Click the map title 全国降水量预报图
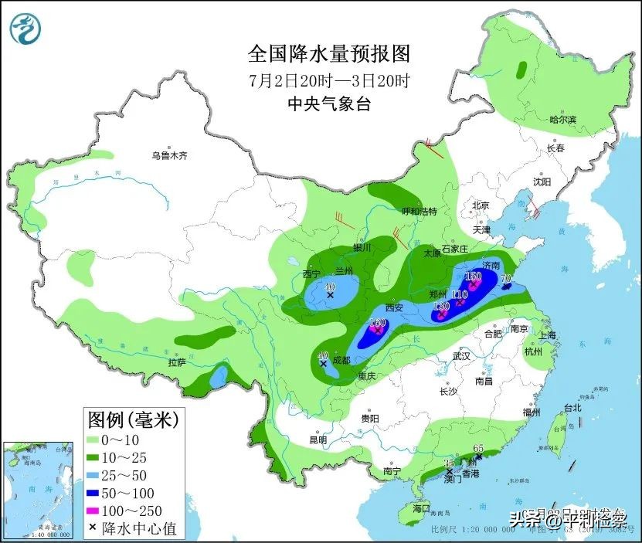tap(328, 53)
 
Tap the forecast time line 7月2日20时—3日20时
tap(328, 80)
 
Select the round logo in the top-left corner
tap(26, 29)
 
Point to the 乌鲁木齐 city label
tap(169, 155)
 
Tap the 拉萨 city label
tap(177, 361)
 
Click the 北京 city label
tap(481, 205)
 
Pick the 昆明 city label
tap(318, 439)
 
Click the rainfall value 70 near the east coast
tap(507, 278)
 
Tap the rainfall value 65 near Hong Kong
tap(477, 449)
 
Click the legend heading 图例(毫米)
tap(132, 420)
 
